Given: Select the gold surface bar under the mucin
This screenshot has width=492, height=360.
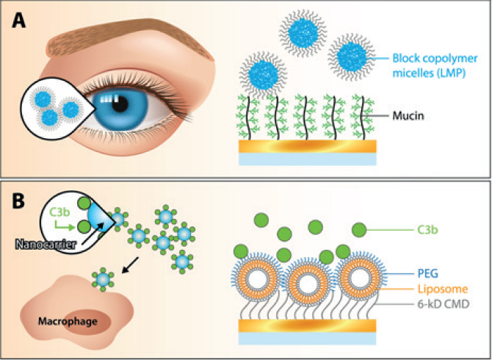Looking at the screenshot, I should [308, 145].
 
